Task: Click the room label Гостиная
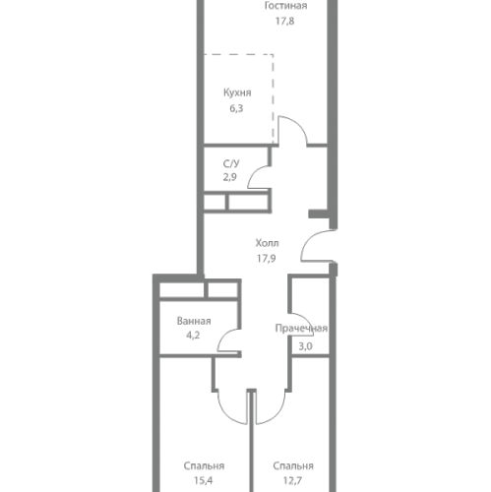285,6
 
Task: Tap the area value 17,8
284,22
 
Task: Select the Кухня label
237,92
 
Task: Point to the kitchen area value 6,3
236,108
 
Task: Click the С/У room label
231,163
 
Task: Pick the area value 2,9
230,177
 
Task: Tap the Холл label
267,243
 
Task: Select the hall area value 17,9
266,259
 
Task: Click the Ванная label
194,321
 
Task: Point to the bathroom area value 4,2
193,336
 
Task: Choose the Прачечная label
301,329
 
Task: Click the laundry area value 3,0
305,346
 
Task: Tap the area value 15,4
204,481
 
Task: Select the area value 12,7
292,481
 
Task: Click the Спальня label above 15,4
204,466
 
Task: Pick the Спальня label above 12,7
293,466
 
